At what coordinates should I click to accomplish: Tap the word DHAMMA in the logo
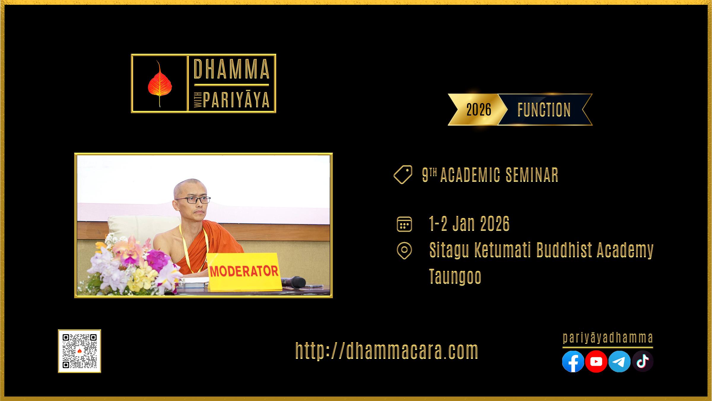pos(231,69)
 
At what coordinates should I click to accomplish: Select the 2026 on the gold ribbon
pos(479,110)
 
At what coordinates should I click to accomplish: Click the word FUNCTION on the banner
pos(544,110)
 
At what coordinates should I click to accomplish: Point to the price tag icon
pos(403,175)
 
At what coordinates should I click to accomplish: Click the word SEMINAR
pos(532,175)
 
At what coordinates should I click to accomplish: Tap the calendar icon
pos(404,224)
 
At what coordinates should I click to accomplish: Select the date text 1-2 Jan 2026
pos(469,224)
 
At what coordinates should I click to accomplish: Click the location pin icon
pos(404,251)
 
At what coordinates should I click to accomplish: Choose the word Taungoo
pos(455,277)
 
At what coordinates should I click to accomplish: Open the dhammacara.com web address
pos(387,351)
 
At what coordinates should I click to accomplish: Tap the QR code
pos(80,351)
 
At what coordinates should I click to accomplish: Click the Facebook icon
pos(573,361)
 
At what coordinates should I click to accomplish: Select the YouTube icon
pos(596,361)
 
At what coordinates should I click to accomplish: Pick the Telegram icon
pos(619,361)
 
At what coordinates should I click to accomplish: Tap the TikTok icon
pos(643,361)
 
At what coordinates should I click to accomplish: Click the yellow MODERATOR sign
pos(244,271)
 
